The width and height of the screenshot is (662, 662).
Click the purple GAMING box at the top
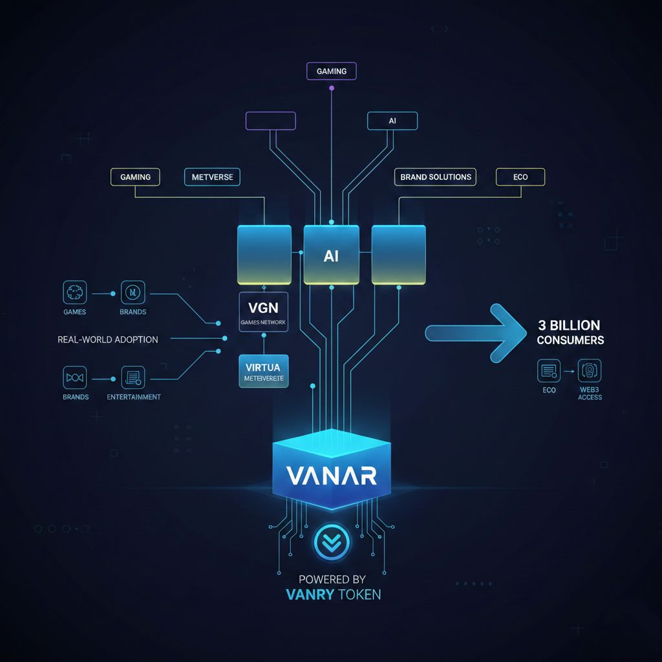pos(331,71)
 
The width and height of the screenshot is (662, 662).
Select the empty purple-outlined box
pos(270,121)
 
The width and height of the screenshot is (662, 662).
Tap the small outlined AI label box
pos(392,121)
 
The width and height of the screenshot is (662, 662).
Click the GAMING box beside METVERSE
pos(136,176)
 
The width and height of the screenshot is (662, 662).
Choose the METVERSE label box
pos(212,176)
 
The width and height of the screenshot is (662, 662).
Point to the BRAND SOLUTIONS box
pos(436,176)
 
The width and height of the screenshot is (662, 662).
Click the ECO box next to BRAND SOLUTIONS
pos(520,176)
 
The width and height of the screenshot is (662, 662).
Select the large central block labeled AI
pos(331,255)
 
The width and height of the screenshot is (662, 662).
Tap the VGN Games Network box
pos(263,312)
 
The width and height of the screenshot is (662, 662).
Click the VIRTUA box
pos(263,370)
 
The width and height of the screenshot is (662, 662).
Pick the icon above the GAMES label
pos(75,293)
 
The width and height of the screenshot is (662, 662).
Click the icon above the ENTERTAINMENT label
pos(133,378)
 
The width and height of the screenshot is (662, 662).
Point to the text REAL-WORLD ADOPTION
pos(108,339)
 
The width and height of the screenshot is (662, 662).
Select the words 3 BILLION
pos(568,325)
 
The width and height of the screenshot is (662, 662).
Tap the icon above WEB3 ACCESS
pos(589,371)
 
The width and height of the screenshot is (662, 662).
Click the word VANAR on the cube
pos(332,476)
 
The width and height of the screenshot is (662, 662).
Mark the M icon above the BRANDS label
pos(133,293)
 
